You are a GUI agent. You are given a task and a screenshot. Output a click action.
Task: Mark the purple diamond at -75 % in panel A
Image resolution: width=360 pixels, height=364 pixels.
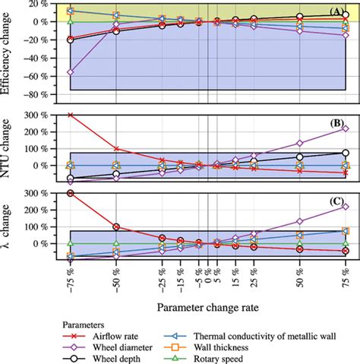point(71,71)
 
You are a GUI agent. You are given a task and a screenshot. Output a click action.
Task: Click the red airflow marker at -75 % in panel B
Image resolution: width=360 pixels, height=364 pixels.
point(71,115)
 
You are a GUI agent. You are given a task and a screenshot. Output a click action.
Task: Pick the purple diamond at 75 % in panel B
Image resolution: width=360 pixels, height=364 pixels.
point(346,128)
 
